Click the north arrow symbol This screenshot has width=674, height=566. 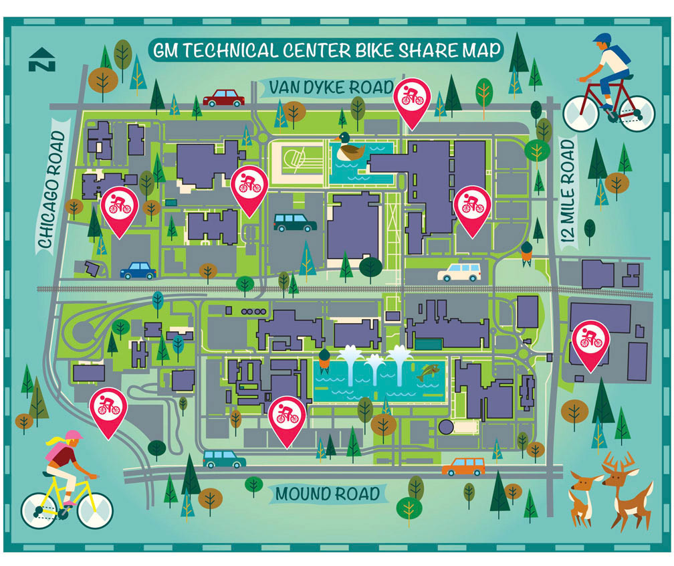coord(42,60)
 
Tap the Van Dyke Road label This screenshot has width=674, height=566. coord(332,87)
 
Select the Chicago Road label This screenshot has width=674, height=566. coord(52,190)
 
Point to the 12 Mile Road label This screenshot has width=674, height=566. coord(568,192)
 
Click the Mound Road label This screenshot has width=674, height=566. coord(328,494)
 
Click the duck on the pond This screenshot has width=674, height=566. coord(349,147)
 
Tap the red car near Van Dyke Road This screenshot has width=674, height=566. coord(224,98)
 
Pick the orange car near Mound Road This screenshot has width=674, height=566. coord(464,467)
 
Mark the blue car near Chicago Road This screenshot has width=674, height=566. coord(138,271)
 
